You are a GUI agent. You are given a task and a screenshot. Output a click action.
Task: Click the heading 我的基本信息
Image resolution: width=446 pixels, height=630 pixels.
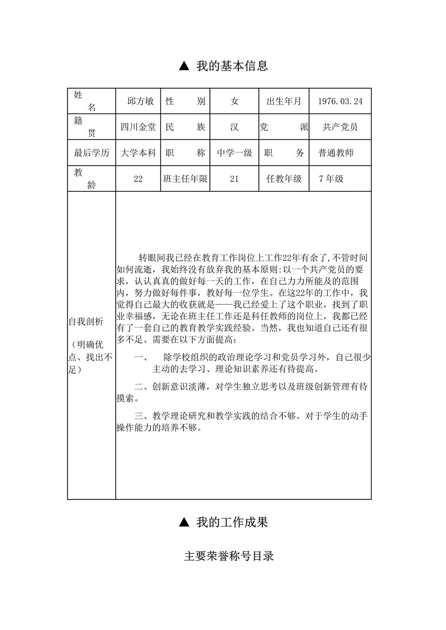click(232, 66)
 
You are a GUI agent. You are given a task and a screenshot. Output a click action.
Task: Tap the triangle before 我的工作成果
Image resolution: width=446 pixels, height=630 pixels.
click(184, 523)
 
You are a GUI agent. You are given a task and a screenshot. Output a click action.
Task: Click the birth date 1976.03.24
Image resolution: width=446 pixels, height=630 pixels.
click(340, 101)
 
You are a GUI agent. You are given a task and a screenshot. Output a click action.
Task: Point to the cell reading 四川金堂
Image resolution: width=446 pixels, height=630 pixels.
click(138, 127)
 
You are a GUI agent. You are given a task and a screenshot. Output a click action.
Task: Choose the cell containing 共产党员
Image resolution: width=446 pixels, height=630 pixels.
click(340, 127)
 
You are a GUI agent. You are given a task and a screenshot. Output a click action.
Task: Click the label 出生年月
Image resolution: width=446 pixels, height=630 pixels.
click(284, 101)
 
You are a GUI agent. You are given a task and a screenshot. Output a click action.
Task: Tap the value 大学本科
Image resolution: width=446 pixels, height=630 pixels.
click(138, 153)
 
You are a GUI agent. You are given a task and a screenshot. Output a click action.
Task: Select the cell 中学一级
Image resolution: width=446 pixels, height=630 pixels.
click(234, 153)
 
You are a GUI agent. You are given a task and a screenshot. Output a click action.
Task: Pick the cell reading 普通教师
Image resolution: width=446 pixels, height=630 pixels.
click(336, 153)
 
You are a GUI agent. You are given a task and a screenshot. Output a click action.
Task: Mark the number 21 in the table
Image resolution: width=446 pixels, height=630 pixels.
click(234, 179)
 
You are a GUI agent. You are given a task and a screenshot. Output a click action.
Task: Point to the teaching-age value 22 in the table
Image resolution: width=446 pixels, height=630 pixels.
click(138, 179)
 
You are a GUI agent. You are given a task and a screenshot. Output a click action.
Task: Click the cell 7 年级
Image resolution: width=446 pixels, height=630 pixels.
click(331, 179)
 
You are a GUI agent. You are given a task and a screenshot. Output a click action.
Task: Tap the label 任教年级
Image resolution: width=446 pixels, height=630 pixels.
click(284, 179)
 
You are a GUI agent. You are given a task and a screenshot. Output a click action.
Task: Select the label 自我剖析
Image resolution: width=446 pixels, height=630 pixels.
click(86, 322)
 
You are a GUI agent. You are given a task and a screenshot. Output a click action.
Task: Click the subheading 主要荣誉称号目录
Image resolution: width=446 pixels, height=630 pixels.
click(229, 556)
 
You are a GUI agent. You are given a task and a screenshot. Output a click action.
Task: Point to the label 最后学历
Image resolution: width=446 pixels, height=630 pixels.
click(92, 153)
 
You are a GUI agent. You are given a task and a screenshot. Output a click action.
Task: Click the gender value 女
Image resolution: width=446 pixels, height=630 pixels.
click(234, 101)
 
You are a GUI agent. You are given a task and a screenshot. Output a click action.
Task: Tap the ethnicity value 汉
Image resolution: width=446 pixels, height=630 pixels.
click(234, 127)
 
